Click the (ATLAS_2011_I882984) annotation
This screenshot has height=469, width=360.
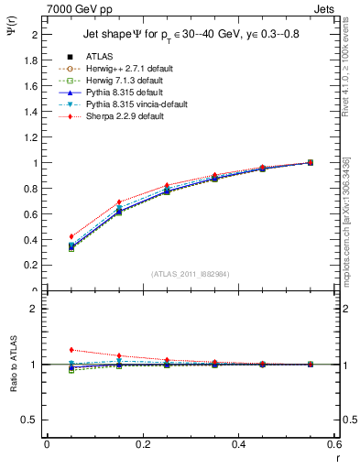(x=191, y=274)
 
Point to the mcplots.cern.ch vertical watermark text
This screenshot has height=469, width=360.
(x=349, y=220)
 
